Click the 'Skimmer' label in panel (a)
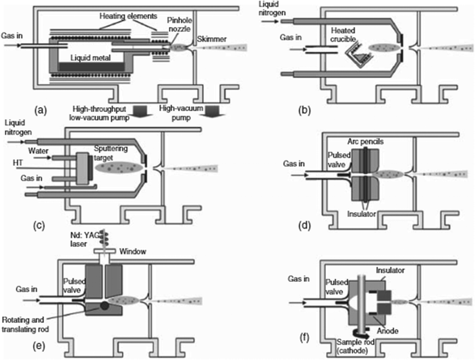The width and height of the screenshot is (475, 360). click(x=212, y=38)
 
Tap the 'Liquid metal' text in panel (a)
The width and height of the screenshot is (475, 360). click(x=90, y=57)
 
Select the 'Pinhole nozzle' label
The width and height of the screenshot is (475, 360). click(x=179, y=24)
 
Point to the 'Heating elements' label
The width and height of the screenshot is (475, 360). click(x=128, y=16)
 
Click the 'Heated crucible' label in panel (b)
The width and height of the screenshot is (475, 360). click(x=343, y=34)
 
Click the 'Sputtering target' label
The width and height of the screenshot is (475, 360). click(x=111, y=153)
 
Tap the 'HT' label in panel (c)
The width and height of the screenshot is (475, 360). click(x=18, y=163)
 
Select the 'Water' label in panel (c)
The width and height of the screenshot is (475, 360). click(x=38, y=150)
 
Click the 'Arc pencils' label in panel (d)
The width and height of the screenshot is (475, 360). click(x=365, y=142)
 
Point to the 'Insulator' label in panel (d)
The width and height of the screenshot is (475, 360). click(x=362, y=214)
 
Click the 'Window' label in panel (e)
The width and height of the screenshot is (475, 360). click(x=133, y=251)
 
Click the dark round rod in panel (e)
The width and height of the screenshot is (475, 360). click(x=105, y=305)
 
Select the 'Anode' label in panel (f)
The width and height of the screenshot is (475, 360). click(x=388, y=330)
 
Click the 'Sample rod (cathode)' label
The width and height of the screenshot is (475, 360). click(x=356, y=347)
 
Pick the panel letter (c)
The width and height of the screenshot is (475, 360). click(x=39, y=225)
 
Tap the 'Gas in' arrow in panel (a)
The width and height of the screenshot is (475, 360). click(x=12, y=45)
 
